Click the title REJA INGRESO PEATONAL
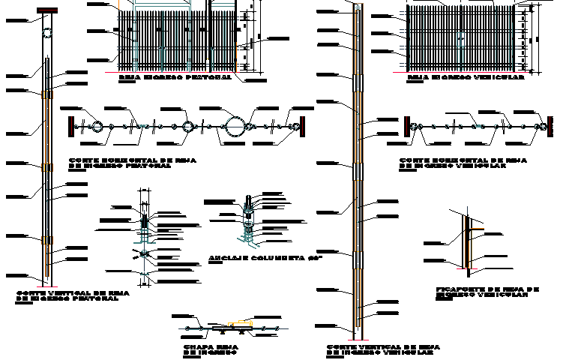(x=175, y=76)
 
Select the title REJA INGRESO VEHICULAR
(x=465, y=76)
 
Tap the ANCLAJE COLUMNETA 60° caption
(x=265, y=258)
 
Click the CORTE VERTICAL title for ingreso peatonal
(x=67, y=295)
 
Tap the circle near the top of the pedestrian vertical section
(x=47, y=35)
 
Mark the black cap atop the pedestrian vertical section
(x=47, y=11)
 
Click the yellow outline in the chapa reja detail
(x=239, y=324)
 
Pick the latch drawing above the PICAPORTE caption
(x=469, y=240)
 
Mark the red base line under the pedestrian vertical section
(x=47, y=286)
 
